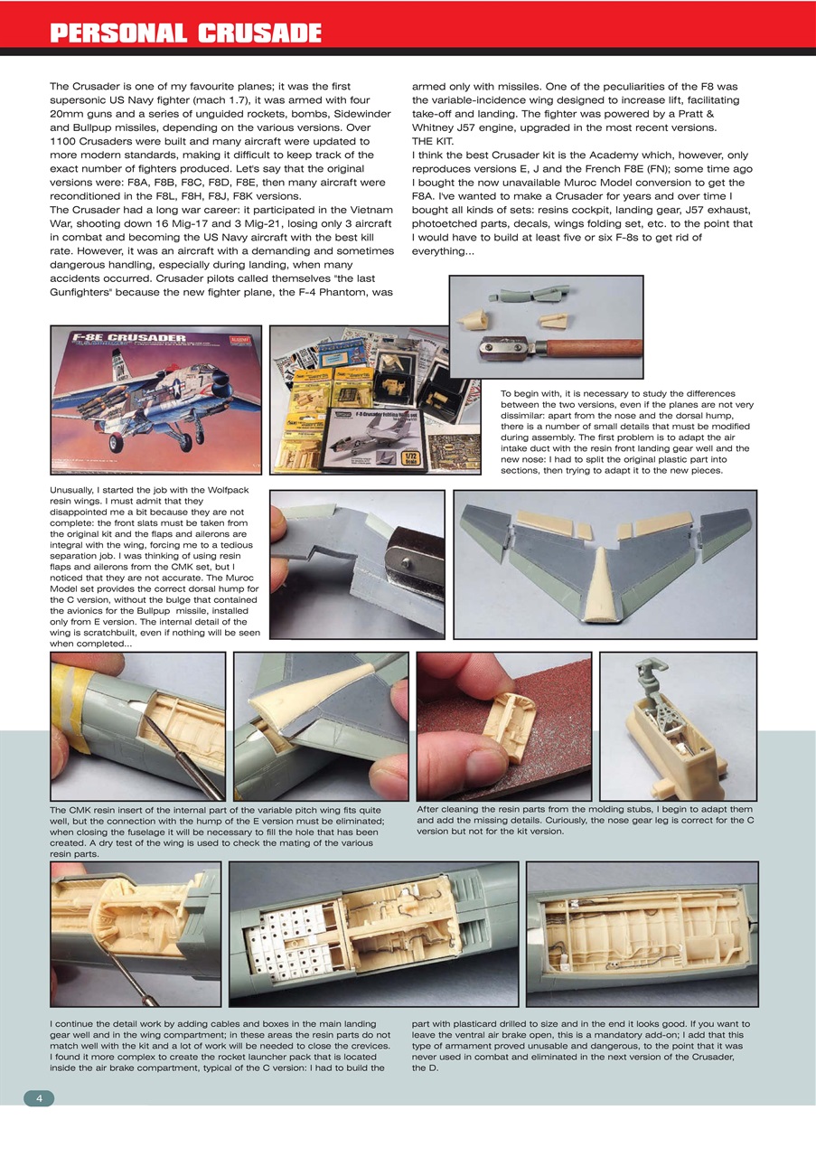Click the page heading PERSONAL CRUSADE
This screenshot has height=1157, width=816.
pos(185,33)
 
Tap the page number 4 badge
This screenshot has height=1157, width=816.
pos(39,1097)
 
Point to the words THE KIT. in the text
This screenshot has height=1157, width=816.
pos(434,142)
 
